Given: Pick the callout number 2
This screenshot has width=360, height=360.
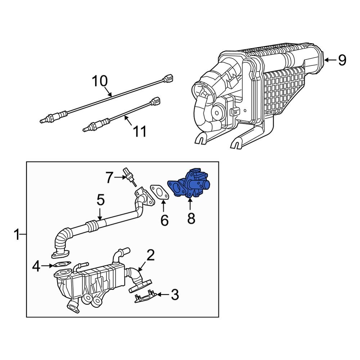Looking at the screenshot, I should pyautogui.click(x=150, y=255).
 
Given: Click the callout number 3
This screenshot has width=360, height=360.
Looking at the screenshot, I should pyautogui.click(x=174, y=295).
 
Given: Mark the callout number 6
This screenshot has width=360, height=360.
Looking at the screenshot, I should pyautogui.click(x=164, y=220).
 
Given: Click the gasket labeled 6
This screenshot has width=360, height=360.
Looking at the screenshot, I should pyautogui.click(x=159, y=192).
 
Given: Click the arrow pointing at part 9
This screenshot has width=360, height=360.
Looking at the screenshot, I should pyautogui.click(x=329, y=60).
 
